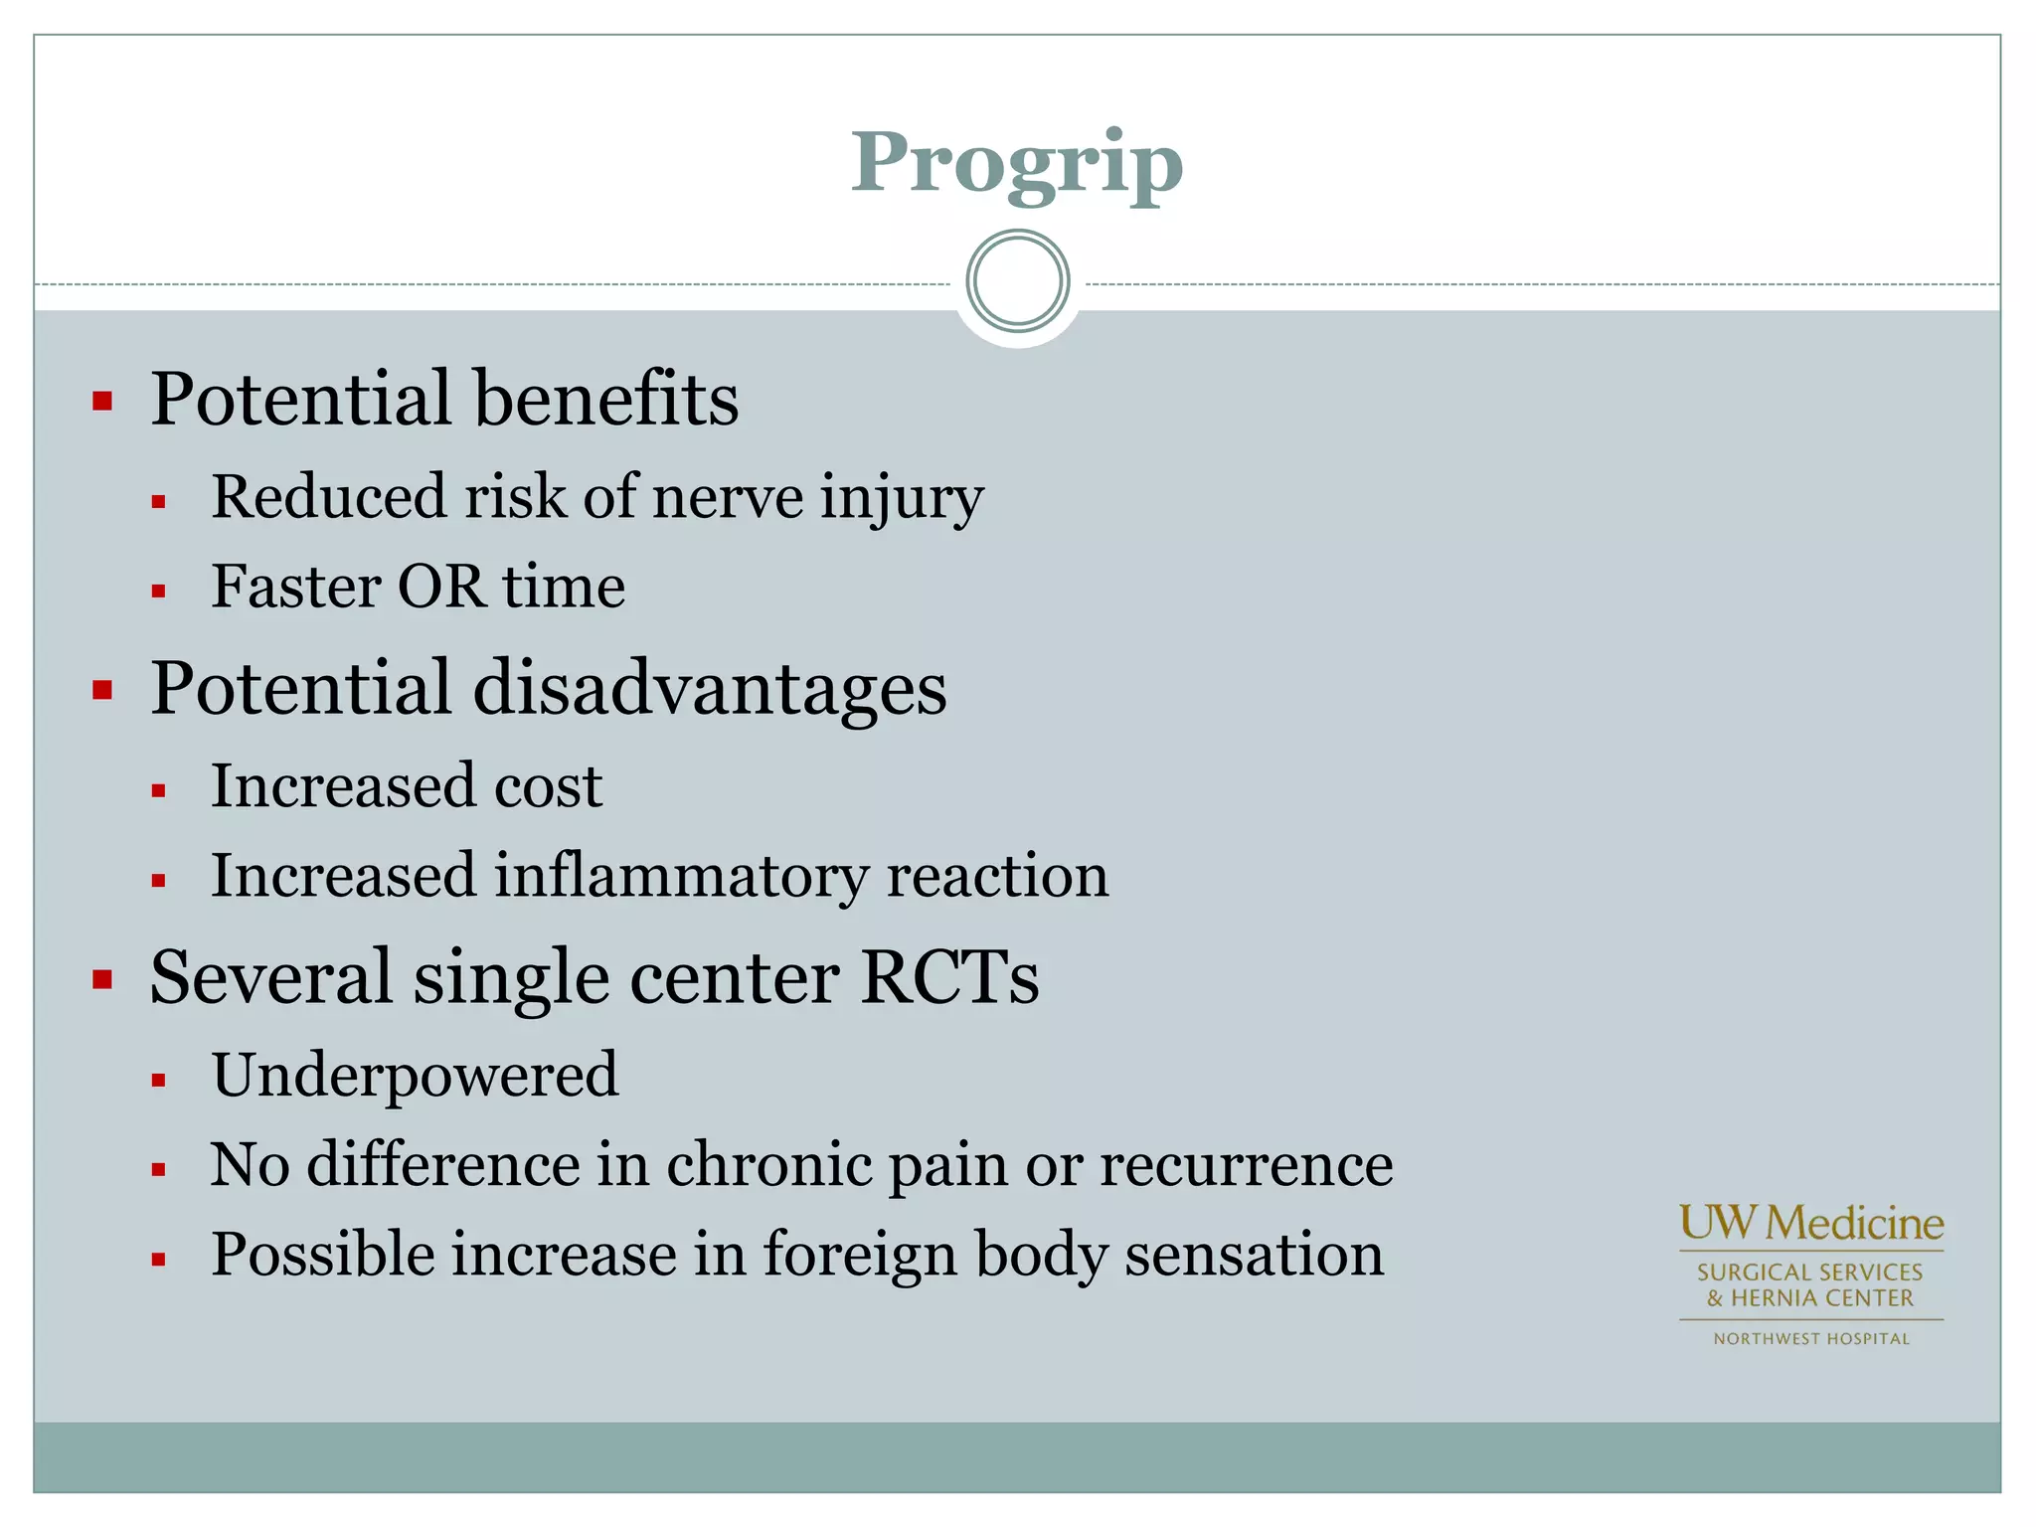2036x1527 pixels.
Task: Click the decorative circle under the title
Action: tap(1017, 281)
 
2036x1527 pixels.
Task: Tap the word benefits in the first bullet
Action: tap(605, 399)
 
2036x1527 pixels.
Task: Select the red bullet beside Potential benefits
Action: tap(102, 402)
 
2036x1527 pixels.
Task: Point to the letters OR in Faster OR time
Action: tap(440, 587)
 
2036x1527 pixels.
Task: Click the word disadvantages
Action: tap(709, 689)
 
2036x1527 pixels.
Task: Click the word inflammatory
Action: tap(681, 877)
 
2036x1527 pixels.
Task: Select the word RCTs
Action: tap(949, 978)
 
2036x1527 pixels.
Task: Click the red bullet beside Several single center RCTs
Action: tap(102, 980)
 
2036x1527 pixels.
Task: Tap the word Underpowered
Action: tap(415, 1076)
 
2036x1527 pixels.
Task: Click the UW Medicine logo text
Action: tap(1810, 1224)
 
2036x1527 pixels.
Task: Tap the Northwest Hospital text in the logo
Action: tap(1810, 1339)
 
